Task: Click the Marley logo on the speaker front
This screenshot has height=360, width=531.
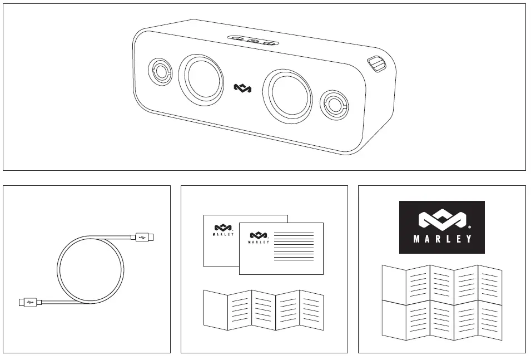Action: pos(242,88)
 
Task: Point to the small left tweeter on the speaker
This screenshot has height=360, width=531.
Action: pos(160,71)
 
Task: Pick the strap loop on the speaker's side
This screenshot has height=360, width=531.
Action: pos(377,64)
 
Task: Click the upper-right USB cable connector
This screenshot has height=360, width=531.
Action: pos(144,238)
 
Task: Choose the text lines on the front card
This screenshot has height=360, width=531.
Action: pos(294,246)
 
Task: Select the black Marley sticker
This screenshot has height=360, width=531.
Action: pos(442,227)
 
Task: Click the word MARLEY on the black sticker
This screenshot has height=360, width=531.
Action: pos(442,240)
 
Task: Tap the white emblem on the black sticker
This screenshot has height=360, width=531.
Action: pos(441,220)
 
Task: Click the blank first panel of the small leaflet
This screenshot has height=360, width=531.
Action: pos(216,309)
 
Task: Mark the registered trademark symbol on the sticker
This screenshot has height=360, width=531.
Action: pos(470,227)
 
